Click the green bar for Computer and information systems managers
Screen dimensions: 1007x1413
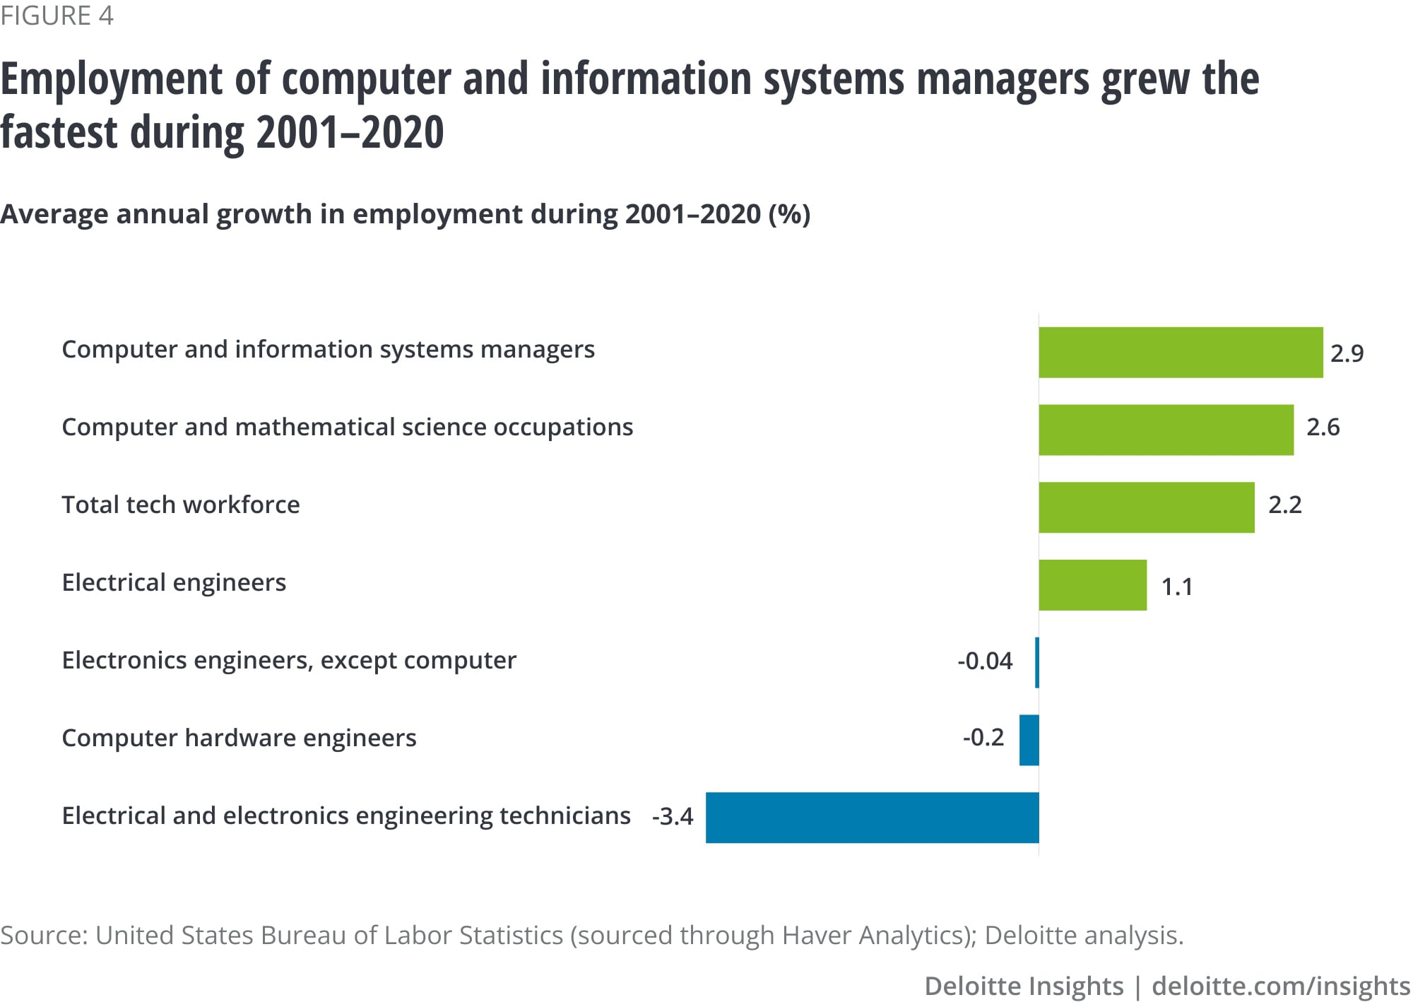(1180, 352)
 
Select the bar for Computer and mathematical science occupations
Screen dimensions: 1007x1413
(1166, 430)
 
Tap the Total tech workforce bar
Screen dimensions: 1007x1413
(1146, 507)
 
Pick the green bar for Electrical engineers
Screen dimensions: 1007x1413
(1092, 585)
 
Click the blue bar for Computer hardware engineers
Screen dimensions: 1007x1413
(1029, 740)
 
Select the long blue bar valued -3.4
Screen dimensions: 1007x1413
(872, 818)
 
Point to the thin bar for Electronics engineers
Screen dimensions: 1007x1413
(1037, 662)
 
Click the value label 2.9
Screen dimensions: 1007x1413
(1347, 353)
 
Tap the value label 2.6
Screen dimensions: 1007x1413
(1323, 427)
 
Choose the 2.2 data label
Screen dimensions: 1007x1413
(1284, 505)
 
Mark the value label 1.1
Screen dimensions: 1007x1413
(1177, 587)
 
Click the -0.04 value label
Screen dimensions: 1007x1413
(985, 661)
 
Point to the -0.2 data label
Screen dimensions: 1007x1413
(983, 737)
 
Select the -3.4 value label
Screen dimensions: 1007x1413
(673, 816)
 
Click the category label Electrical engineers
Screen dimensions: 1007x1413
(174, 582)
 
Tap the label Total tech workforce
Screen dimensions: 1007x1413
(181, 505)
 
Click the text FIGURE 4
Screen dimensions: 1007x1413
(57, 16)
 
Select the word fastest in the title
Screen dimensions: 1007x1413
(59, 132)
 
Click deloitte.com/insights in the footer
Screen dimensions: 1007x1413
(1281, 986)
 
